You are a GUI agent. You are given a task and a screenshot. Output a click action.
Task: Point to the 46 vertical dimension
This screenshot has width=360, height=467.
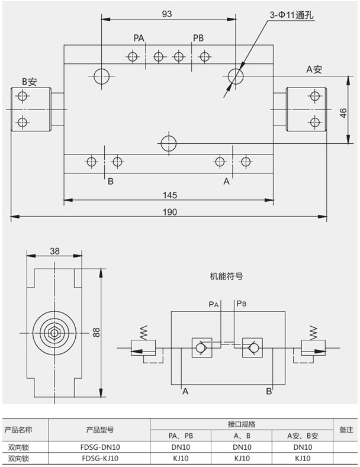[x=343, y=114]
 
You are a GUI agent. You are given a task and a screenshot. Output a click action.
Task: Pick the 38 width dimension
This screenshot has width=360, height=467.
[x=54, y=251]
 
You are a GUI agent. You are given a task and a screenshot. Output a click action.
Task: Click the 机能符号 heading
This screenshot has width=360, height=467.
[x=226, y=276]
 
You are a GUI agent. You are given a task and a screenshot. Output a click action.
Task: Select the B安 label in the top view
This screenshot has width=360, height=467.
[x=29, y=80]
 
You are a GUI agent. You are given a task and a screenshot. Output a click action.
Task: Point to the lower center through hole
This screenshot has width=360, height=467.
[x=168, y=143]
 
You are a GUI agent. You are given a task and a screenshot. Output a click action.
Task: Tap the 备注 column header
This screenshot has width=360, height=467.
[x=346, y=430]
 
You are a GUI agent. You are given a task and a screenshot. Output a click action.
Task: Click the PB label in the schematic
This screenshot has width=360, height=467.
[x=242, y=304]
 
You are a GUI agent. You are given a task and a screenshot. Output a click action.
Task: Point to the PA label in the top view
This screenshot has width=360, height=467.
[x=139, y=38]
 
